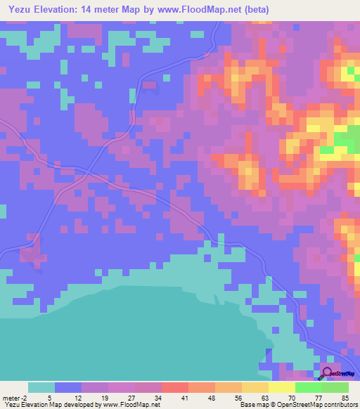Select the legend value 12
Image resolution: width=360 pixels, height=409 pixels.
(x=85, y=397)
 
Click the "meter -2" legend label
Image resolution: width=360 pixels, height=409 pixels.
(x=15, y=397)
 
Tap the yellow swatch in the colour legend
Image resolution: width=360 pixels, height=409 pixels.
(x=281, y=387)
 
